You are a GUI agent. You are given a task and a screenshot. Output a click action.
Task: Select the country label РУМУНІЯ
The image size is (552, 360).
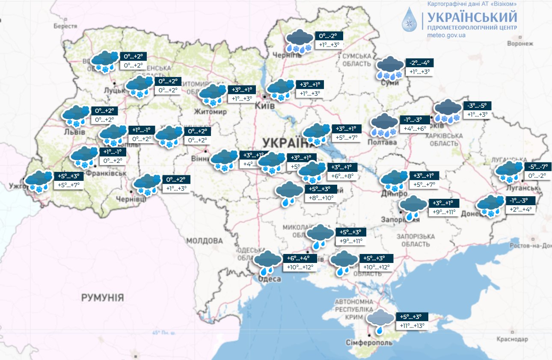coord(102,298)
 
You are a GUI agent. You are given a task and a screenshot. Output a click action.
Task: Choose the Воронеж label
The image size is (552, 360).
coord(520,44)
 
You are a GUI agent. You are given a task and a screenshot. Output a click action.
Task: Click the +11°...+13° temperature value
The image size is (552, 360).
coord(412,326)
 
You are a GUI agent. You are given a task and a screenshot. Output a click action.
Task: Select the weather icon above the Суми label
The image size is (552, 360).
coord(390,68)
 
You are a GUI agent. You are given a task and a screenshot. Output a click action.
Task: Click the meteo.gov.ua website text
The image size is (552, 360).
coord(446,35)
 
